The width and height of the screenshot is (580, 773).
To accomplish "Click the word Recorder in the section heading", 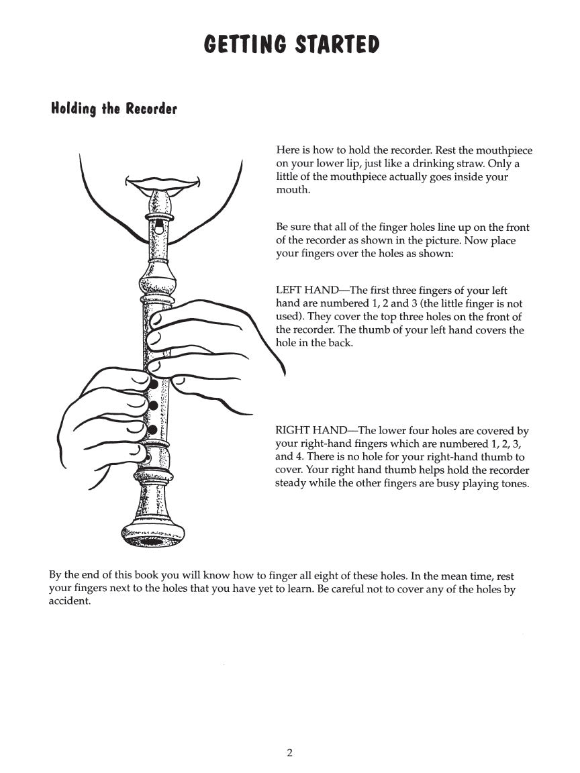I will point(151,109).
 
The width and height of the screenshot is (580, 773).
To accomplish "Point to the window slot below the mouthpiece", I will point(158,228).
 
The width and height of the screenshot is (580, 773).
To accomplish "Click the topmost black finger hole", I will point(154,384).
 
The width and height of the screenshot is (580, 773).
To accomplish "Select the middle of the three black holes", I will point(153,406).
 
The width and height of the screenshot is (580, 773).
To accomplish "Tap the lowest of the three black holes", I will point(152,429).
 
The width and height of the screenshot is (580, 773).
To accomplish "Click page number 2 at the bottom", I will point(289,753).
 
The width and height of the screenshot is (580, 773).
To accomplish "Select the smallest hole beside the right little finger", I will point(146,458).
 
